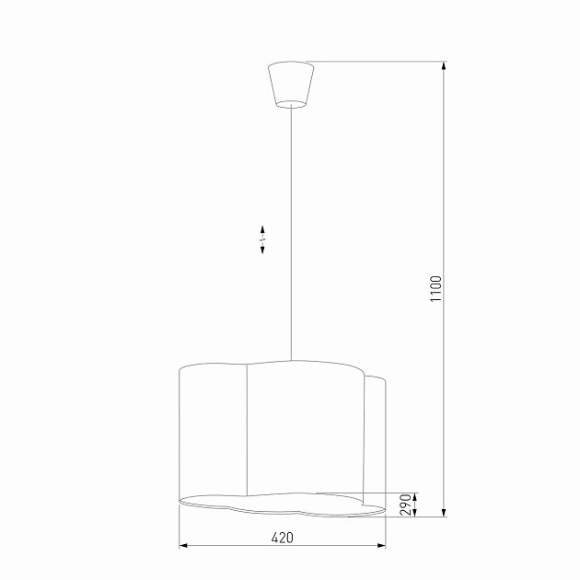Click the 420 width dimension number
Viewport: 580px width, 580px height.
point(282,538)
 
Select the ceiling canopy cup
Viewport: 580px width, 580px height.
point(290,83)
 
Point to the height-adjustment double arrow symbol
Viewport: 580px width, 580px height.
point(262,239)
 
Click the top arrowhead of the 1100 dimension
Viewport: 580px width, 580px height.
point(445,67)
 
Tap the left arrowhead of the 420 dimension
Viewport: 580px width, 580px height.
point(183,546)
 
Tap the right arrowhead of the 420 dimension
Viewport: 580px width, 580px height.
point(381,546)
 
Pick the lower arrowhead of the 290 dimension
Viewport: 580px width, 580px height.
point(414,511)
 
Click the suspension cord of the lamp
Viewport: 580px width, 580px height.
point(291,230)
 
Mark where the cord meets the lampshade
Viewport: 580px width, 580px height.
point(291,360)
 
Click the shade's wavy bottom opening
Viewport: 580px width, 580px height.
point(276,502)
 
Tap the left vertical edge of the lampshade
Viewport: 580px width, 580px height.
point(178,433)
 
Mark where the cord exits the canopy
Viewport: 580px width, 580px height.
point(291,107)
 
